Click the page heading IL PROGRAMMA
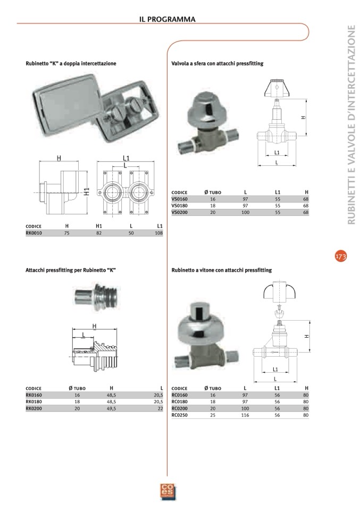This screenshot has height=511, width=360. coord(167,19)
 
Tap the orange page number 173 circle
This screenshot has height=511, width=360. coord(341,256)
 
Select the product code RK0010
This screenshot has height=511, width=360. coord(34,233)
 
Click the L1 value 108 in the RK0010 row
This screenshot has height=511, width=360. coord(158,233)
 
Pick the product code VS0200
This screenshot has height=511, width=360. coord(180,212)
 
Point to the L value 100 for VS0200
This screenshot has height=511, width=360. coord(245,212)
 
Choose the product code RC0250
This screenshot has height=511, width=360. coord(180,415)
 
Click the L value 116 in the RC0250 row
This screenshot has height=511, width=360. coord(245,415)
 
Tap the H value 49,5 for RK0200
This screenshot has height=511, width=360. coord(112,408)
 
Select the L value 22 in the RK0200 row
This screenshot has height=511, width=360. coord(160,408)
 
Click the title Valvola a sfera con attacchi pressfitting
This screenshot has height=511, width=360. coord(217,64)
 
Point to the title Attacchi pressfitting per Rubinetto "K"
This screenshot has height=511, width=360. coord(71,270)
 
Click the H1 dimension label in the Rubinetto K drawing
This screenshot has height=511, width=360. coord(86,191)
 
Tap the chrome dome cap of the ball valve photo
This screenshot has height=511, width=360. coord(202,106)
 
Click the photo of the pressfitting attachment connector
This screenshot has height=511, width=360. coord(96,297)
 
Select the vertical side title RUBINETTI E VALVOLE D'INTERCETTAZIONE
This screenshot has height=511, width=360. coord(351,125)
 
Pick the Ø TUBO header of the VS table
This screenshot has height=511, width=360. coord(213,192)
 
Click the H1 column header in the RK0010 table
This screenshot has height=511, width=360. coord(99,226)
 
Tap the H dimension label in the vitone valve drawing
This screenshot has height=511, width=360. coord(307,336)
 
